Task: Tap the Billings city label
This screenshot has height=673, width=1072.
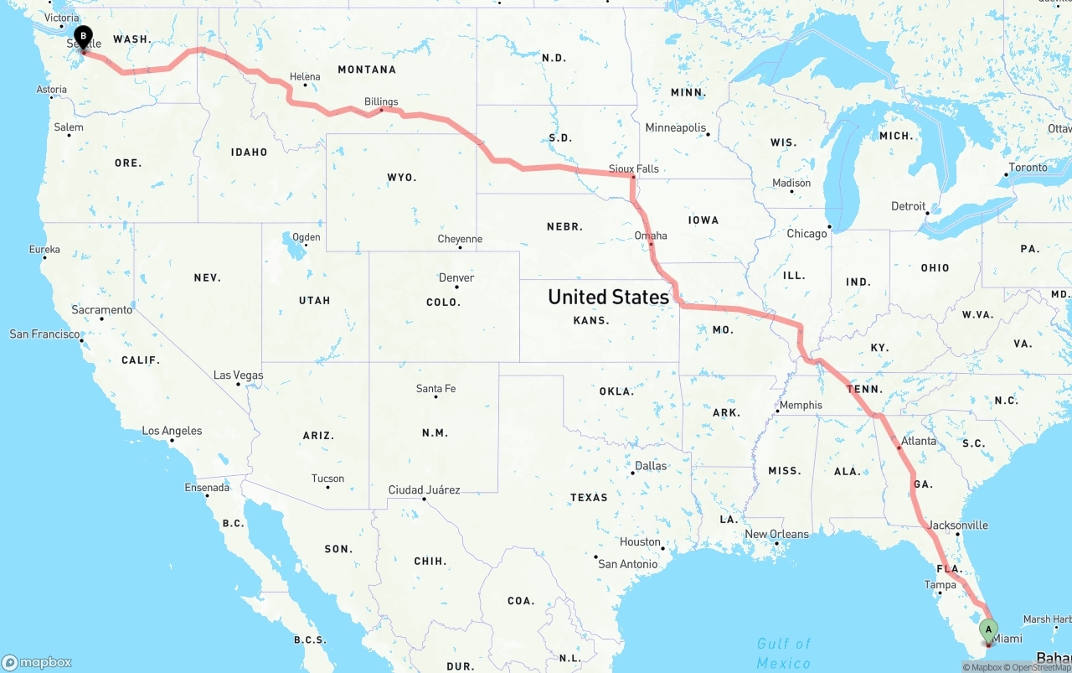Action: click(381, 101)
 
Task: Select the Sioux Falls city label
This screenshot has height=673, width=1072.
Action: click(633, 168)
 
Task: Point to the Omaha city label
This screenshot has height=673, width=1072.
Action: click(651, 236)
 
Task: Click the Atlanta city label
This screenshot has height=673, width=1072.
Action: click(919, 441)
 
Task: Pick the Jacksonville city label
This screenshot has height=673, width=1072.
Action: click(958, 525)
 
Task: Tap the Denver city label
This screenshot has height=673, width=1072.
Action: click(456, 277)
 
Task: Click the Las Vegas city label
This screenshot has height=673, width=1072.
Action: click(238, 375)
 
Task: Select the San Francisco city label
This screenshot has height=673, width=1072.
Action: click(45, 334)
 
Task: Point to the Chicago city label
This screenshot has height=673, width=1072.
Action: click(807, 234)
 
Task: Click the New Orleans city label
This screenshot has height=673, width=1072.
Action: click(776, 534)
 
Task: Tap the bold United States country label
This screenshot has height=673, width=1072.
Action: click(608, 297)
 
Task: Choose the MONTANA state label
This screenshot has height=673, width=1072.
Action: click(367, 70)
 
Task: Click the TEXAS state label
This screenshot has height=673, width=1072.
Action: click(589, 497)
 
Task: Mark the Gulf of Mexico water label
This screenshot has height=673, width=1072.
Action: click(784, 653)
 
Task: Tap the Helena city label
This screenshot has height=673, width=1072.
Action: click(305, 76)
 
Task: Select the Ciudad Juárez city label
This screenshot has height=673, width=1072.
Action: click(424, 489)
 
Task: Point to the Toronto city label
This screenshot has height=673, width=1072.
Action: click(1028, 167)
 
